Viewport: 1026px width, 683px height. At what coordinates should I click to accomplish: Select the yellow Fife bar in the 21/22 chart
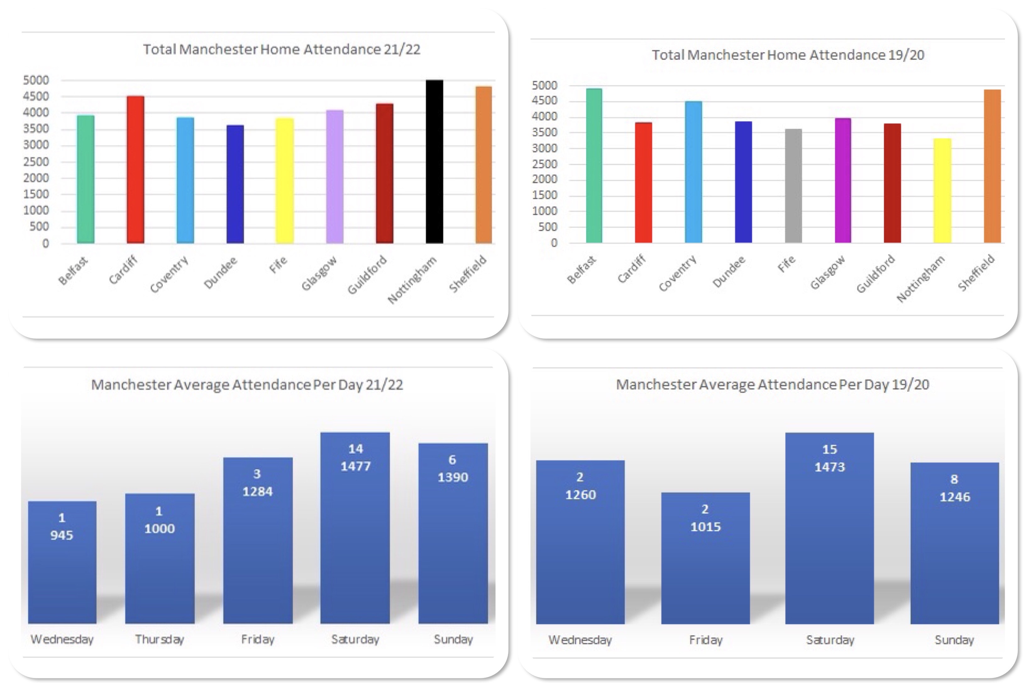[x=284, y=180]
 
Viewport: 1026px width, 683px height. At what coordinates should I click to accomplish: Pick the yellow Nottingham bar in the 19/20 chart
[x=942, y=190]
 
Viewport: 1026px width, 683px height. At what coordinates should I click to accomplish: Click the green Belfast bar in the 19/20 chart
[x=594, y=166]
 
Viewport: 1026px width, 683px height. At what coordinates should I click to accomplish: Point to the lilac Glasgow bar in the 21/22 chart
[x=334, y=176]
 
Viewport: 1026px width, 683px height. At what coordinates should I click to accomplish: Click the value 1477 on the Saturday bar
[x=356, y=466]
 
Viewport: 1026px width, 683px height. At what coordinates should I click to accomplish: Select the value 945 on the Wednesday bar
[x=62, y=535]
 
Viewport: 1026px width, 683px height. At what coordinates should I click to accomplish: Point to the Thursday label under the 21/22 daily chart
[x=159, y=639]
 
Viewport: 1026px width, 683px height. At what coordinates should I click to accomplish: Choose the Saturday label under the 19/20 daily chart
[x=830, y=640]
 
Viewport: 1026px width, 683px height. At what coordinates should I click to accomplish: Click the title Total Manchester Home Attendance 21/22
[x=281, y=49]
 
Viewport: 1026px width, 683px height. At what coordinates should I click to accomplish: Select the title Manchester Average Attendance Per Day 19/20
[x=772, y=385]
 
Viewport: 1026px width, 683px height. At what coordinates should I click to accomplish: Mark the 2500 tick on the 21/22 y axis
[x=36, y=162]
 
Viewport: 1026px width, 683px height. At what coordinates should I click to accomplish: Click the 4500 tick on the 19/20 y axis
[x=544, y=101]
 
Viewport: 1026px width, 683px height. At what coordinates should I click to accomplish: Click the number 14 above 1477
[x=356, y=449]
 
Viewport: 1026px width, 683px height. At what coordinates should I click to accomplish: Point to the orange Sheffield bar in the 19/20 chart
[x=992, y=166]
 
